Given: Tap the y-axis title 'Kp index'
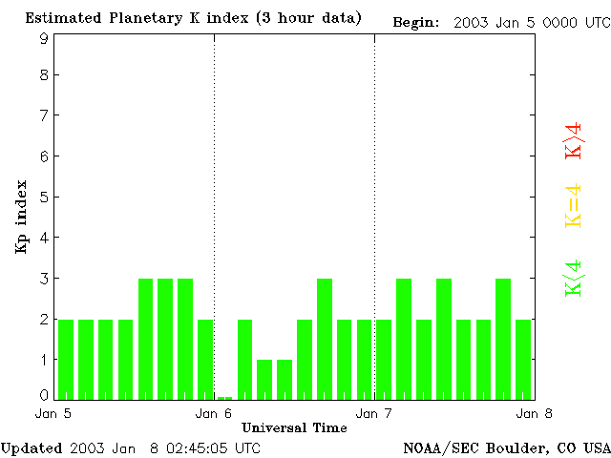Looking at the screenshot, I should tap(21, 217).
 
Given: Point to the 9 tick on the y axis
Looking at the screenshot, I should tap(44, 38).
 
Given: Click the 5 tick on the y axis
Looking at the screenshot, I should tap(44, 198).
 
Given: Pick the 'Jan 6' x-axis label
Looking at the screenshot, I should tap(214, 413).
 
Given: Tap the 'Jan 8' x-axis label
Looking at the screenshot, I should tap(533, 413).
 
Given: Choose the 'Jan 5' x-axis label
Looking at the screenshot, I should tap(53, 413).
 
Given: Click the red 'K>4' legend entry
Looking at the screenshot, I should tap(574, 140).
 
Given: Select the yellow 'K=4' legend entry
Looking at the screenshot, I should tap(574, 206).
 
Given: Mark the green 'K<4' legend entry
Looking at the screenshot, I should tap(574, 279).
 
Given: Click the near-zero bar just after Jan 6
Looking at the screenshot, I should tap(224, 397).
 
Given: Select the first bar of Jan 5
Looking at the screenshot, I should tap(66, 359).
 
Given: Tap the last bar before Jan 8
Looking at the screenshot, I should tap(523, 359).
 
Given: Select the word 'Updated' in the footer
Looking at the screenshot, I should tap(32, 448).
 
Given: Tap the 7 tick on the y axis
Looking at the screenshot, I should tap(44, 116).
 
